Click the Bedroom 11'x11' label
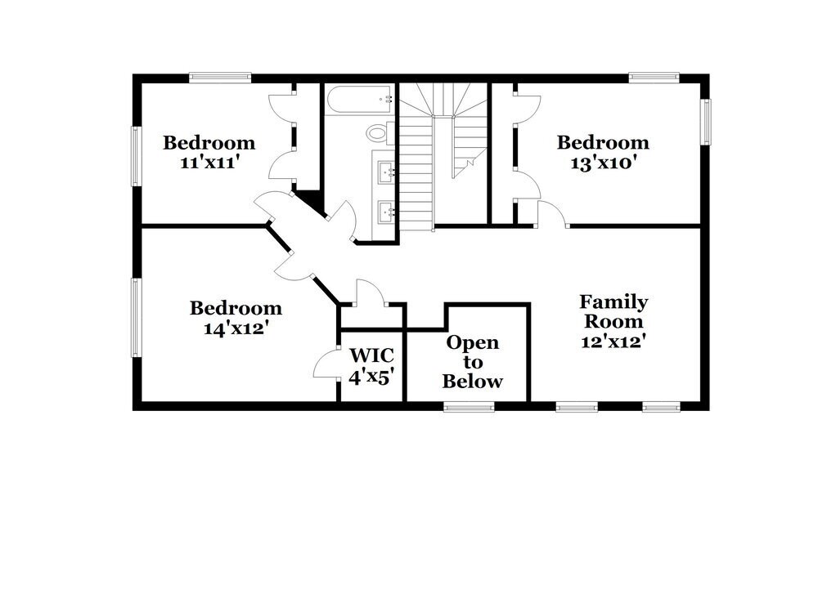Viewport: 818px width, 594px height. [x=209, y=152]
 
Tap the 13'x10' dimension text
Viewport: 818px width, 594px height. [x=603, y=162]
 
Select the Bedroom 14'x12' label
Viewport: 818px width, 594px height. [x=236, y=318]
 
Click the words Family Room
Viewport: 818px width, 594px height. [x=613, y=311]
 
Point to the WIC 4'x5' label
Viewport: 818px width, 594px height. [x=372, y=366]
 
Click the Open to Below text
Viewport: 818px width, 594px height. [x=472, y=362]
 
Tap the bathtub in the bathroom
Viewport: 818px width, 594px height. [x=360, y=101]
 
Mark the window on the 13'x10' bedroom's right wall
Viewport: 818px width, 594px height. [x=705, y=122]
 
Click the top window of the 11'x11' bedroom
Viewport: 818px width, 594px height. [x=218, y=78]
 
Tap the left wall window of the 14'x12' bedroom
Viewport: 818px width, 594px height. [x=137, y=317]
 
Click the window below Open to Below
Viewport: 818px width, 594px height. [x=469, y=406]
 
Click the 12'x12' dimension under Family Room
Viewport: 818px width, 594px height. [x=613, y=342]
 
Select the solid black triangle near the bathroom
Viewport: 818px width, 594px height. [x=308, y=199]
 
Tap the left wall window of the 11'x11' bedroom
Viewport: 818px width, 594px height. [x=137, y=155]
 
